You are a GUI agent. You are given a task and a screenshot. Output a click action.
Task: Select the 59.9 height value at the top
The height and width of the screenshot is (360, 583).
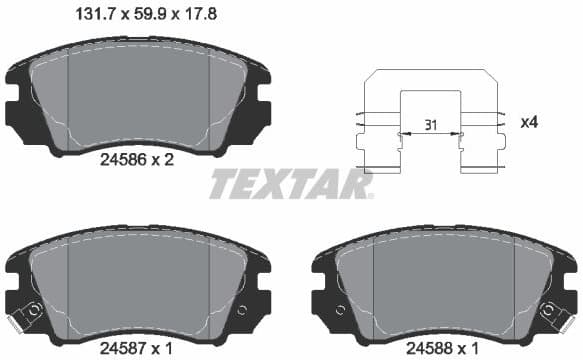[143, 14]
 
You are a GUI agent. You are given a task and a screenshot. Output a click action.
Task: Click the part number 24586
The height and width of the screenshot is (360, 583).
[125, 158]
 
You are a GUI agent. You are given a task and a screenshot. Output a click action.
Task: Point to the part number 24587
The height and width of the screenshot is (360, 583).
[125, 349]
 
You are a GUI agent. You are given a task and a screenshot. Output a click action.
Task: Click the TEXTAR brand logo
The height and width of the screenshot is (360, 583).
[289, 184]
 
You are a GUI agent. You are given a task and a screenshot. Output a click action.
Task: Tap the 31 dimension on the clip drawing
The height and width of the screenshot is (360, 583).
[430, 123]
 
